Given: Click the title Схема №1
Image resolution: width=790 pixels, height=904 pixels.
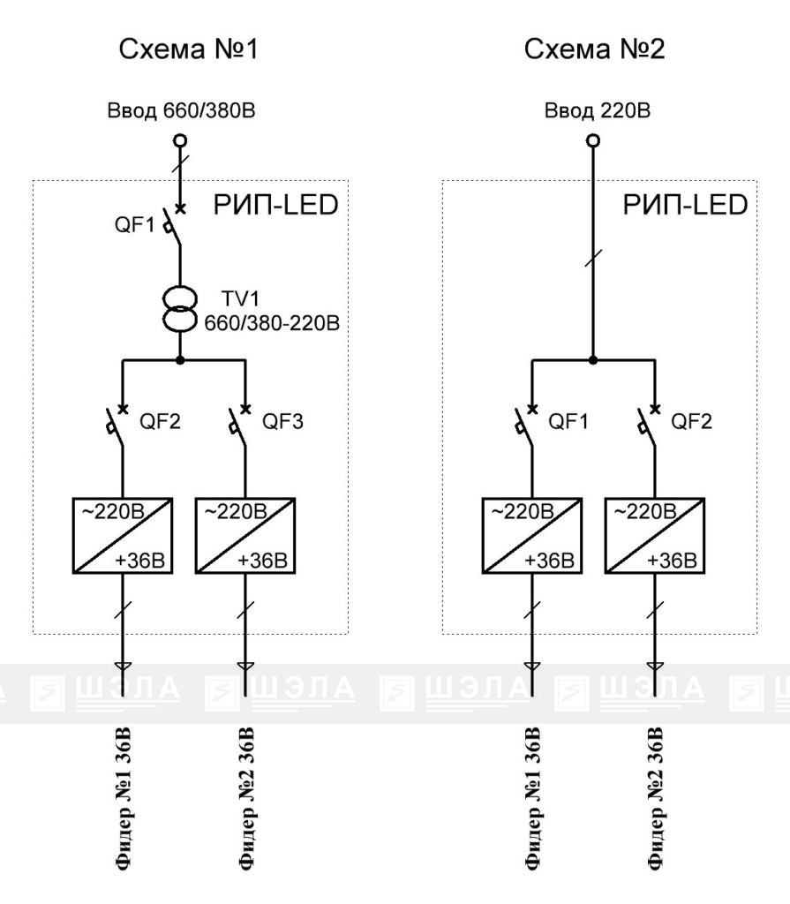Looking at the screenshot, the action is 188,49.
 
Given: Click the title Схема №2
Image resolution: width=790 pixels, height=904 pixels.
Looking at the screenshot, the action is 594,49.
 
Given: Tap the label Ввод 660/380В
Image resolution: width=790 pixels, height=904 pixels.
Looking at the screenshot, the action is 181,110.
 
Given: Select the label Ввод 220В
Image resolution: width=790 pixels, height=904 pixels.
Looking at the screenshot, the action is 598,110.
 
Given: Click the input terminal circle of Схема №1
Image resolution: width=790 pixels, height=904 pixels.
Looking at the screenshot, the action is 180,140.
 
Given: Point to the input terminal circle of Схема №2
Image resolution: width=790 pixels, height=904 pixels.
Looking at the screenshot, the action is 593,140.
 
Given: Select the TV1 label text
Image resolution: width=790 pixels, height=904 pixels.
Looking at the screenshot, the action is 240,298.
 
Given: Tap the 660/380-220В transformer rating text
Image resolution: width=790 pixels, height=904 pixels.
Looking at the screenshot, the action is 272,323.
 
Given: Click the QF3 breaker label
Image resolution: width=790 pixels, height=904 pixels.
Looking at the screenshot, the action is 282,421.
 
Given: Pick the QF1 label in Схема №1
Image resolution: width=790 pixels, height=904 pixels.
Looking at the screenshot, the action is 135,224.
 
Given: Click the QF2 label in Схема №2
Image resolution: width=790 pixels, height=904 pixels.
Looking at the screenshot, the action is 691,421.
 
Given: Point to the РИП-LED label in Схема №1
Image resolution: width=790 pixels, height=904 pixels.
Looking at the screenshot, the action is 275,205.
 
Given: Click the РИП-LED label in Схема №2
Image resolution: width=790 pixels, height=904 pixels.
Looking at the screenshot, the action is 685,205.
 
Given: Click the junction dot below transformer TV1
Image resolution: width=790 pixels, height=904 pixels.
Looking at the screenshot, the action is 180,360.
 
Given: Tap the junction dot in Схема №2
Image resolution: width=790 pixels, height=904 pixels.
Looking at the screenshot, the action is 593,360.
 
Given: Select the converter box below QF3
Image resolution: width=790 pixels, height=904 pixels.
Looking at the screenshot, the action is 245,536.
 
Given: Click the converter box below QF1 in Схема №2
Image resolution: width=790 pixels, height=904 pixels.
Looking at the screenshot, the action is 531,536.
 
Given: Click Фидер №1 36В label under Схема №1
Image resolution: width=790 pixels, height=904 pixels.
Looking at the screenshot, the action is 124,799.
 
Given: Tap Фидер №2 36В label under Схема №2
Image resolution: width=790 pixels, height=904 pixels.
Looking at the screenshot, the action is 656,799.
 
